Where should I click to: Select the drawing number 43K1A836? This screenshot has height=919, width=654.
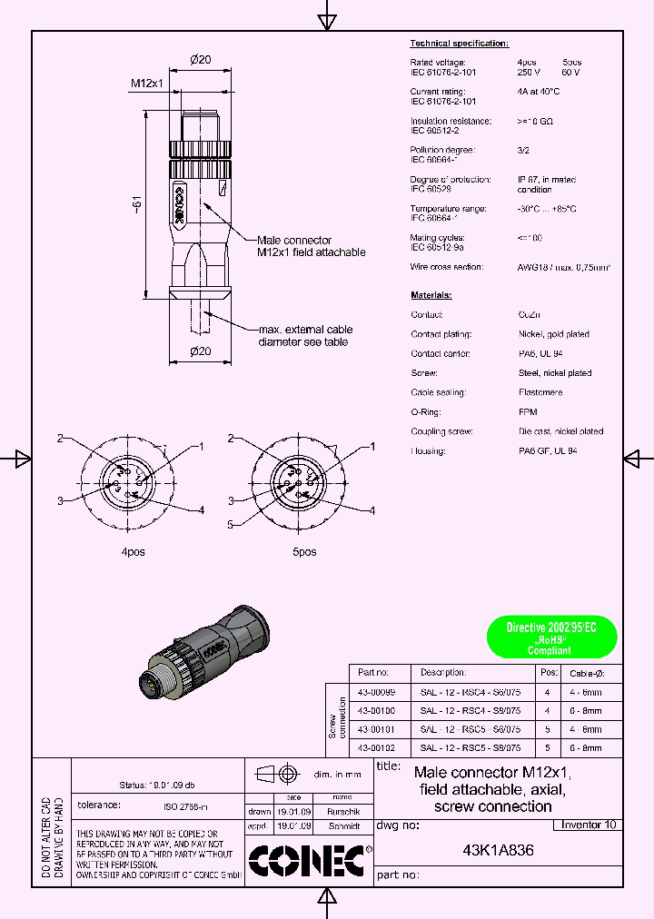coord(498,851)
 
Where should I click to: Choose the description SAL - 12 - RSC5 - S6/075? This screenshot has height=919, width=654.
coord(470,729)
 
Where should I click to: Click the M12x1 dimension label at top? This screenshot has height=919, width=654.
coord(146,84)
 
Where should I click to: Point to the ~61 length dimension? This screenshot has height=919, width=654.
coord(137,204)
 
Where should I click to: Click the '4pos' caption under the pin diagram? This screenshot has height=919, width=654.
coord(133,551)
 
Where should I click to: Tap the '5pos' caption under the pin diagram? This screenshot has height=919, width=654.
coord(303,551)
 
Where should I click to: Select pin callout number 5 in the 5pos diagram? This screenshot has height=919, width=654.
coord(231,524)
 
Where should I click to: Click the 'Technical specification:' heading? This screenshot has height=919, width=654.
coord(459,44)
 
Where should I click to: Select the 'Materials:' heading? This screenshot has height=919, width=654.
coord(431,295)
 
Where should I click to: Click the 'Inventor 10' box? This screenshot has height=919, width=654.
coord(588,825)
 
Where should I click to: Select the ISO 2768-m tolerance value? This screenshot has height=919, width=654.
coord(185,805)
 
